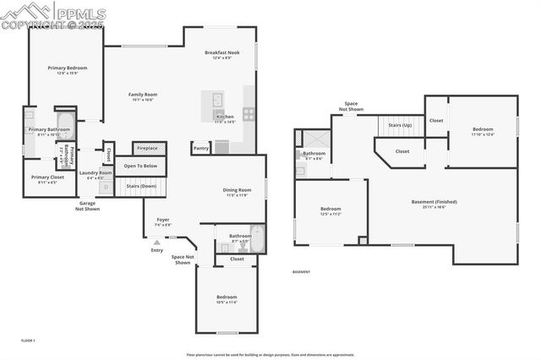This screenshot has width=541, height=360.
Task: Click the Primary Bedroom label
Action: click(x=67, y=68)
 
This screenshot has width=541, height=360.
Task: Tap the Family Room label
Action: click(x=142, y=94)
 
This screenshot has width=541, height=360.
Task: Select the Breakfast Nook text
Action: click(x=222, y=52)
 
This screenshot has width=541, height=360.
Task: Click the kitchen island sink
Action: click(x=217, y=97)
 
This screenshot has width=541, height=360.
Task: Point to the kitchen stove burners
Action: click(x=249, y=113)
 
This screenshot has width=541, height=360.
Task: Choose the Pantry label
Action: click(x=201, y=148)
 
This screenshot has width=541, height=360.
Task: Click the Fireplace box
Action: click(x=147, y=148)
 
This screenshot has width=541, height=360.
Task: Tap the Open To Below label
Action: click(x=140, y=166)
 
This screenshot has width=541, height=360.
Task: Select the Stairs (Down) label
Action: click(x=140, y=185)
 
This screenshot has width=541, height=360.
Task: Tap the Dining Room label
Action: click(x=237, y=189)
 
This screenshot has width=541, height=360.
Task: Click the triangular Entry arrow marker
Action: click(x=156, y=242)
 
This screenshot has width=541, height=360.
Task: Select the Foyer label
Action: click(x=163, y=220)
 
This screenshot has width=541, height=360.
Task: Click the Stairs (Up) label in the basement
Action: click(x=400, y=125)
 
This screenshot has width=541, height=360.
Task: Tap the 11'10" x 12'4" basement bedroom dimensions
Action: click(x=478, y=134)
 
